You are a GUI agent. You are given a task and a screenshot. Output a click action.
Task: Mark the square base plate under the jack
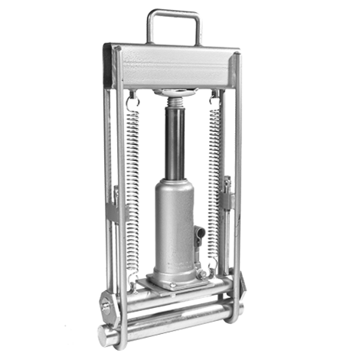pos(176,284)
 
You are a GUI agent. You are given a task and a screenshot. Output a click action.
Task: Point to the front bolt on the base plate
pos(173,286)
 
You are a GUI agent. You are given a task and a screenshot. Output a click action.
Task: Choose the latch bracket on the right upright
pos(227,191)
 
